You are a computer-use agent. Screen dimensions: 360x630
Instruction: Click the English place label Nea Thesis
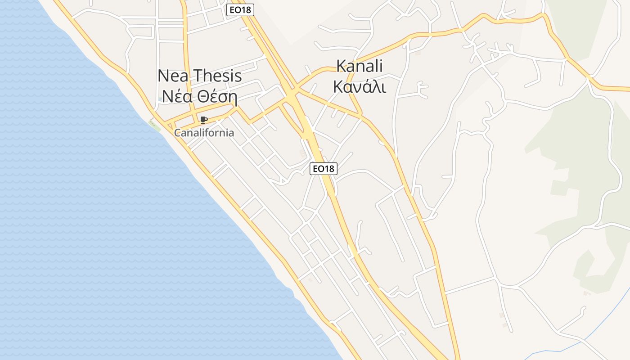pos(200,76)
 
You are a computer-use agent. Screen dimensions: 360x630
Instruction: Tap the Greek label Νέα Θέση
pos(200,96)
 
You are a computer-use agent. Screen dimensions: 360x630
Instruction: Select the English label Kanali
pos(359,66)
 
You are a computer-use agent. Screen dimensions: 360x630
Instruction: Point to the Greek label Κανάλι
pos(359,86)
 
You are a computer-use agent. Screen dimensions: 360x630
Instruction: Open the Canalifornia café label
pos(204,133)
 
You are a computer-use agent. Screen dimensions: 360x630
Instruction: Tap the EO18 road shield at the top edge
pos(240,10)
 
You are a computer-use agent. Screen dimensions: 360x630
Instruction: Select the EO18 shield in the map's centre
pos(324,169)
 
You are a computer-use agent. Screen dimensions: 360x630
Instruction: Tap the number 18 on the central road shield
pos(329,169)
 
